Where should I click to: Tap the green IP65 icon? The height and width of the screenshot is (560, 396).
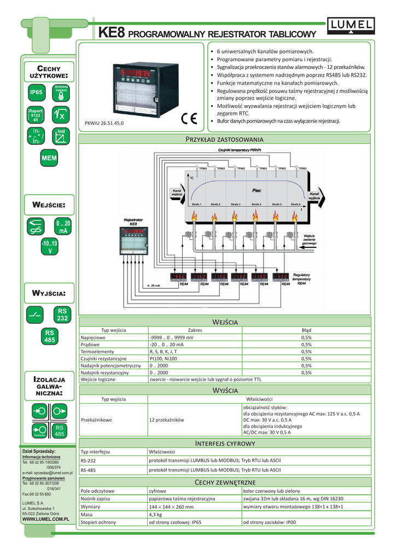point(36,93)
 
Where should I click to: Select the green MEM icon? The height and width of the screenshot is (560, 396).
point(49,158)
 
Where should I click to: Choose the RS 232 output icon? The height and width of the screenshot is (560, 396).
point(62,315)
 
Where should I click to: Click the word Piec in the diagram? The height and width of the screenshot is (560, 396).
point(257,191)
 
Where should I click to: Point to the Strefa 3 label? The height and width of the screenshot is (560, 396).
point(236,204)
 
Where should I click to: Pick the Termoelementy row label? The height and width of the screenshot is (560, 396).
point(97,352)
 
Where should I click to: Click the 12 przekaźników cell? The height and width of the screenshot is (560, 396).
point(166,419)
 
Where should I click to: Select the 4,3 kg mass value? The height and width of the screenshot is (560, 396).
point(156,515)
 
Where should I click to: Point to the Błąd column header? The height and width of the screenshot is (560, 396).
point(306,330)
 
